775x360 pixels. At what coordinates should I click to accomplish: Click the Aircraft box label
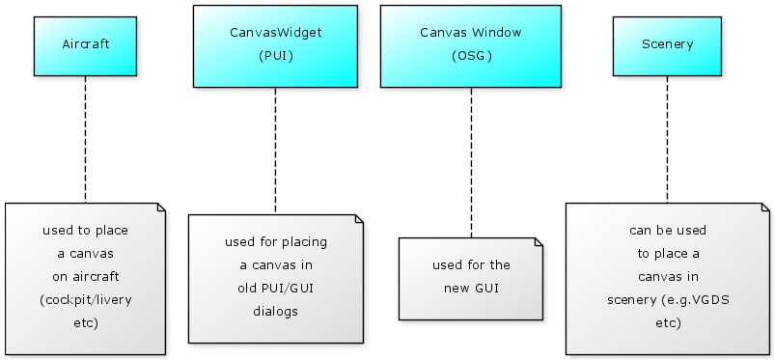(x=86, y=44)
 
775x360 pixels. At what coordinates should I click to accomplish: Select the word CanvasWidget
(x=276, y=33)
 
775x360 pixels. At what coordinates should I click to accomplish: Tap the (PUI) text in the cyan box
(x=276, y=56)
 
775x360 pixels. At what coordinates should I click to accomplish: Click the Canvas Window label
(x=471, y=33)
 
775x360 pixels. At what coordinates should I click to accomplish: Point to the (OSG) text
(x=472, y=56)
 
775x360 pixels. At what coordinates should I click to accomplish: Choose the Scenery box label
(x=667, y=44)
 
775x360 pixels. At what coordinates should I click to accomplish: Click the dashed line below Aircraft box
(x=86, y=139)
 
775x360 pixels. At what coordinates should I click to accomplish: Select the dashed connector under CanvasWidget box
(x=275, y=151)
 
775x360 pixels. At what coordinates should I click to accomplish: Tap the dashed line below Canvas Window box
(x=471, y=163)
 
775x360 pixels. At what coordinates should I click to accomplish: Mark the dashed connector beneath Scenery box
(x=667, y=139)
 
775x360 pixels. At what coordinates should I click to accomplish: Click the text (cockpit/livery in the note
(x=86, y=300)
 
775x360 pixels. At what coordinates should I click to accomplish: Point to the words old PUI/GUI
(x=275, y=289)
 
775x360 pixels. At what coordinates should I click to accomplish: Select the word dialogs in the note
(x=275, y=312)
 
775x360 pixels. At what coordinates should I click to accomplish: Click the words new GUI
(x=471, y=289)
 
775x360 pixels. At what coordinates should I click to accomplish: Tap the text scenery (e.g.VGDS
(x=668, y=300)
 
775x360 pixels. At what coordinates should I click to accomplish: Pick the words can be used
(x=668, y=231)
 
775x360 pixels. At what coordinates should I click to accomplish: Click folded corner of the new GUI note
(x=539, y=242)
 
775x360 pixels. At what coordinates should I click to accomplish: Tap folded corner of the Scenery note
(x=765, y=207)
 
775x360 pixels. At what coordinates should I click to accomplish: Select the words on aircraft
(x=86, y=276)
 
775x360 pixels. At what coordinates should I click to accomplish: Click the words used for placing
(x=276, y=242)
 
